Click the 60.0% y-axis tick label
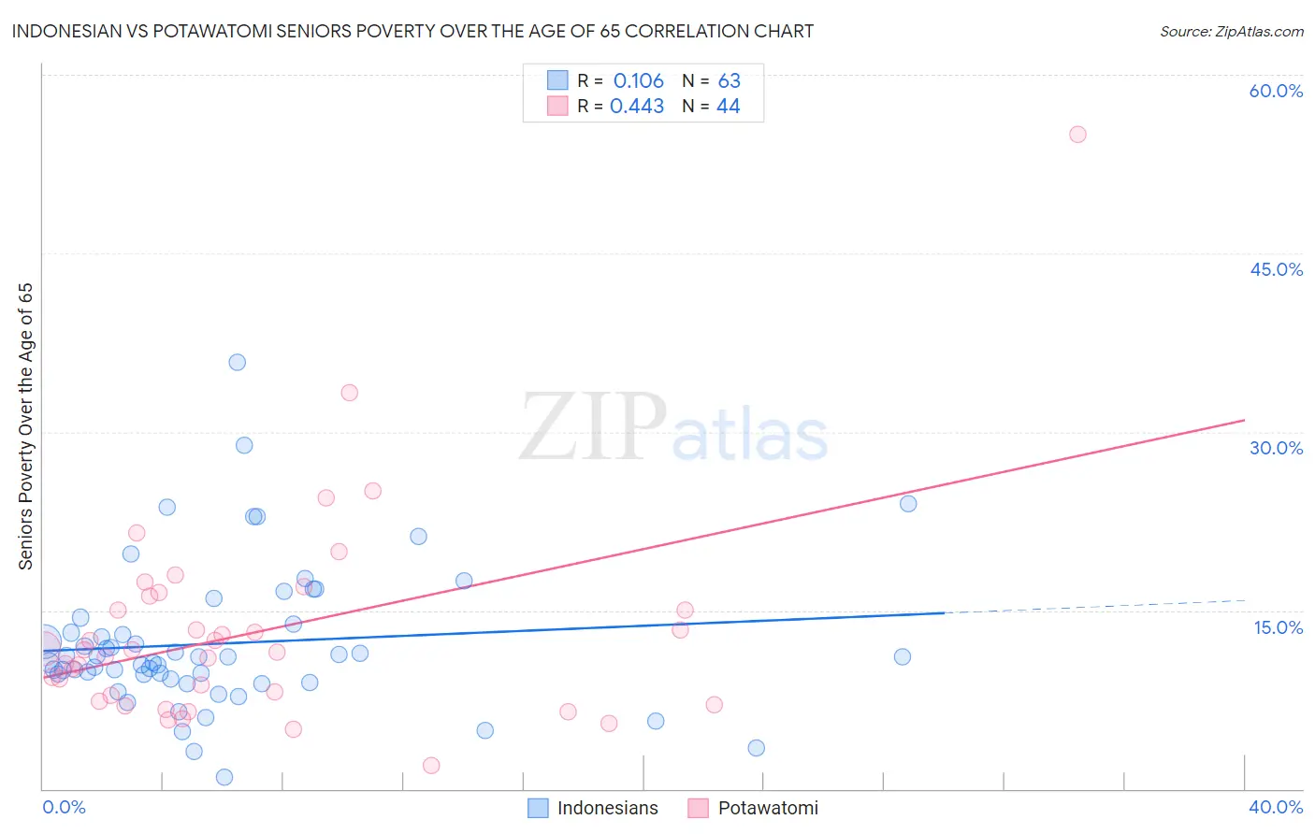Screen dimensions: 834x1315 [1276, 91]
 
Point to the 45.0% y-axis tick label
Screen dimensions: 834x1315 [1276, 269]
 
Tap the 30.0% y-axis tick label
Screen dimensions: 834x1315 [1276, 448]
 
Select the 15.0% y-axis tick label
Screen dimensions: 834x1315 [1278, 627]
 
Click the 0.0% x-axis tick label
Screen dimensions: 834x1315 [64, 807]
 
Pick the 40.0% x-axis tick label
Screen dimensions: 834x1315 [1275, 807]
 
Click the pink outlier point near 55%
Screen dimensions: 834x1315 [1077, 135]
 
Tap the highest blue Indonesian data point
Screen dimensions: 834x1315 [238, 363]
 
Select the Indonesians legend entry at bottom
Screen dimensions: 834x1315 [594, 808]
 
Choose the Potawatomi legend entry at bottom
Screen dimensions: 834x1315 [754, 808]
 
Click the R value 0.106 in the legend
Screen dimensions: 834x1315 [639, 81]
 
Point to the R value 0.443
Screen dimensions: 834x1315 [637, 107]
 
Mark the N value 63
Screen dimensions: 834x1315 [730, 81]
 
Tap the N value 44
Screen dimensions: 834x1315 [729, 107]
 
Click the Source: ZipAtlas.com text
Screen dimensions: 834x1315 [1231, 32]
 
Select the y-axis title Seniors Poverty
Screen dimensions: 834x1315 [25, 425]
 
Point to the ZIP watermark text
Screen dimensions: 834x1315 [592, 427]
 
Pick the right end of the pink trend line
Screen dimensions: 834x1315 [1244, 421]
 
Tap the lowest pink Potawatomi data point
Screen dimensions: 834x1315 [431, 766]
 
